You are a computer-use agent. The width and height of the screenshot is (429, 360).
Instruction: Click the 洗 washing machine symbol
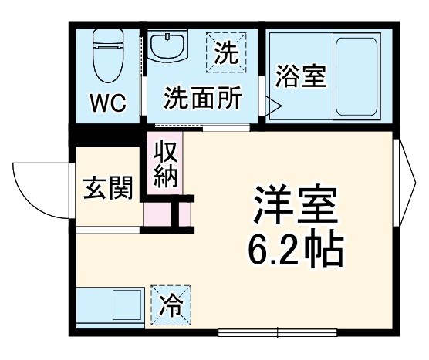point(225,52)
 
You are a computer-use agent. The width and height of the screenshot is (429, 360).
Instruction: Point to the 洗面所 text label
point(202,98)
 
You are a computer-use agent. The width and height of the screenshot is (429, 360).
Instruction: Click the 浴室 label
point(301,78)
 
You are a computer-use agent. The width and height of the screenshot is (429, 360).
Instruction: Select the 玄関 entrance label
point(107,187)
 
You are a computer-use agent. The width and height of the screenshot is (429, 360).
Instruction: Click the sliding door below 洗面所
point(202,126)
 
